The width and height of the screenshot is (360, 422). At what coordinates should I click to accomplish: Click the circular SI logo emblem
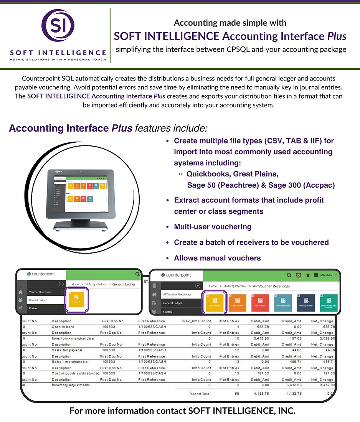58,27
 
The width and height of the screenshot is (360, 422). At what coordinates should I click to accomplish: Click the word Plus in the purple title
337,36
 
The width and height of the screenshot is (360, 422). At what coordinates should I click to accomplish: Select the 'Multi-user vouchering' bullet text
213,227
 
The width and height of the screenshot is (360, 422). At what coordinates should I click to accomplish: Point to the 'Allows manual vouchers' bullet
217,258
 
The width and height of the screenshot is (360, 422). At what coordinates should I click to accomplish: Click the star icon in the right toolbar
307,275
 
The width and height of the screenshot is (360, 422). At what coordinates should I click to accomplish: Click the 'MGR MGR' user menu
328,275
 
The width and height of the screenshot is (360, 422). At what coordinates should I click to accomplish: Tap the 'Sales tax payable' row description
67,350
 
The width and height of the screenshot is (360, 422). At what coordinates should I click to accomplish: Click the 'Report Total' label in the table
200,394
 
